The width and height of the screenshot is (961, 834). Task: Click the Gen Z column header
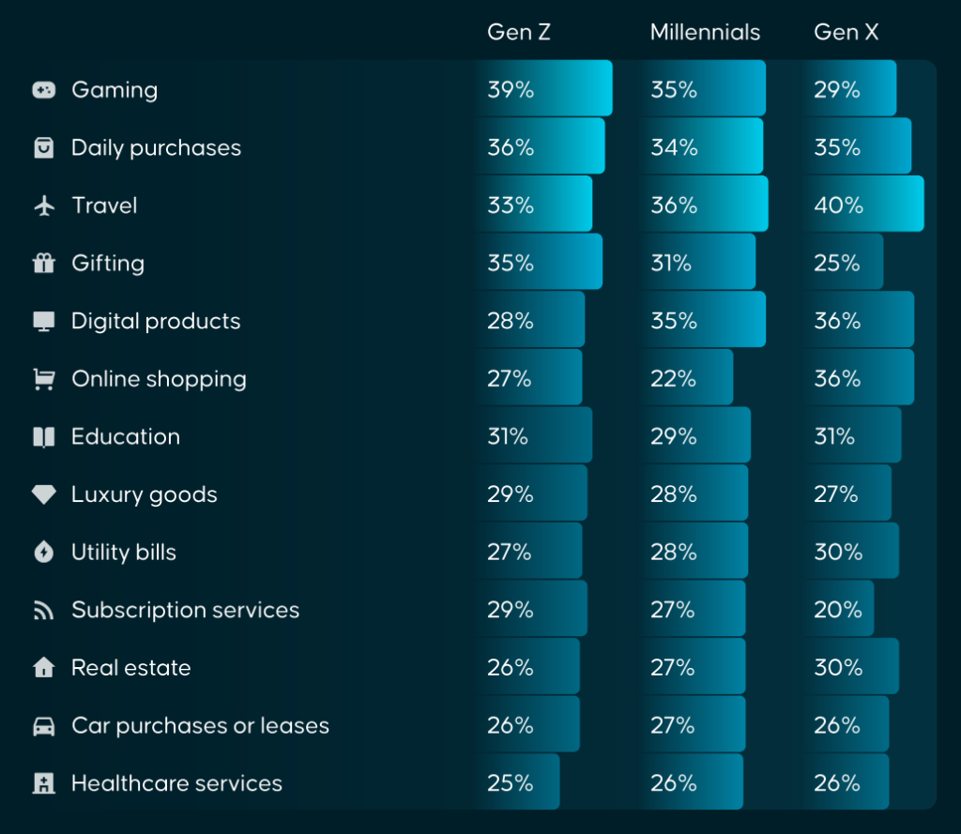tap(518, 33)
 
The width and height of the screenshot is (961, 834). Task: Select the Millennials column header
tap(705, 33)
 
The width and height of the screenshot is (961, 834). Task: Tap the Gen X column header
tap(846, 33)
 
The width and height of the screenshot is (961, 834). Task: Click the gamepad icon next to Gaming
tap(44, 90)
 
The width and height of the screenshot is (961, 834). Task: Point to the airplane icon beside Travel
tap(44, 205)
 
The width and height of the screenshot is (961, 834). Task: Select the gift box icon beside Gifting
tap(44, 264)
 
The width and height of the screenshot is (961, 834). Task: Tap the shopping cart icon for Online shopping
tap(44, 379)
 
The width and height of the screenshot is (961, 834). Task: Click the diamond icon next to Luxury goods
tap(44, 494)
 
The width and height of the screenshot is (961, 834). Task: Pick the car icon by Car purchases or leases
tap(44, 726)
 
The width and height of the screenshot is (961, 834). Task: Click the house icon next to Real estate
tap(44, 668)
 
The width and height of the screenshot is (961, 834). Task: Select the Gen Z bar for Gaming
tap(543, 89)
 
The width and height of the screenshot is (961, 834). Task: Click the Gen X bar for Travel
tap(862, 205)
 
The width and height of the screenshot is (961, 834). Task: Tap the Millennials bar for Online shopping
tap(686, 378)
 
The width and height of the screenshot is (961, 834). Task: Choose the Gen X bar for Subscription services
tap(837, 610)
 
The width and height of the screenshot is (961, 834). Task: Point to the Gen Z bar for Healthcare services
tap(517, 782)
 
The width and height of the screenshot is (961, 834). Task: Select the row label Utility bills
tap(124, 553)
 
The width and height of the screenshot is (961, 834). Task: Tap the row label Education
tap(126, 436)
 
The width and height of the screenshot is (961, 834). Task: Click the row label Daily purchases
tap(156, 147)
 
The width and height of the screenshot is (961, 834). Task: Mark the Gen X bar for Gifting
tap(842, 263)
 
